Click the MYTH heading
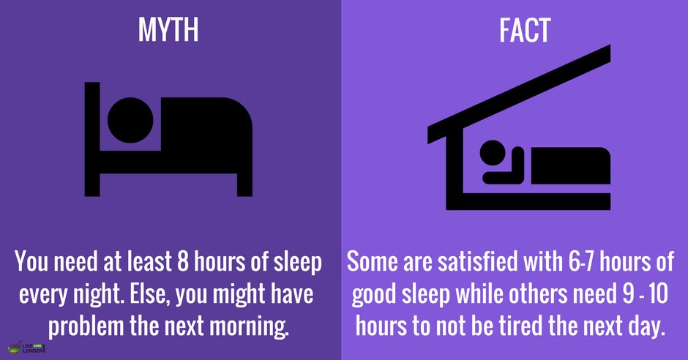coord(168,30)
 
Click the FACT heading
coord(516,30)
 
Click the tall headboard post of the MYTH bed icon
coord(91,139)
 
